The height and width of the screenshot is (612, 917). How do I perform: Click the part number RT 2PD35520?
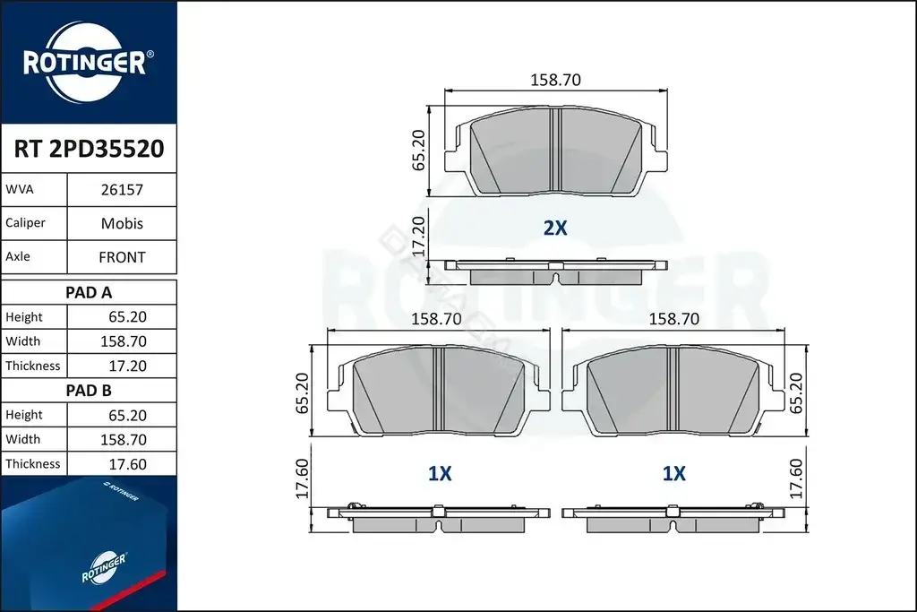coord(89,149)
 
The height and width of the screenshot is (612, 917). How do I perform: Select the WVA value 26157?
coord(122,190)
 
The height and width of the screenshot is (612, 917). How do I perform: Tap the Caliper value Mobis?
coord(122,223)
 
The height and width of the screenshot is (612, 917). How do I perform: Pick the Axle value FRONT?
coord(122,257)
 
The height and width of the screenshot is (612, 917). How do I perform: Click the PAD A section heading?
coord(89,292)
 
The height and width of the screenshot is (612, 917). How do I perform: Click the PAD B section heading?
coord(89,391)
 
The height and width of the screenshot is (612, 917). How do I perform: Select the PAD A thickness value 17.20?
coord(127,366)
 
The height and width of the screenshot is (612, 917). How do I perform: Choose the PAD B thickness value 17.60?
coord(127,464)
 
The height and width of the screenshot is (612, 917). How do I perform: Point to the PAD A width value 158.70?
coord(124,341)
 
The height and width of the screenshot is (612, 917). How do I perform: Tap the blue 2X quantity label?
coord(555,228)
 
